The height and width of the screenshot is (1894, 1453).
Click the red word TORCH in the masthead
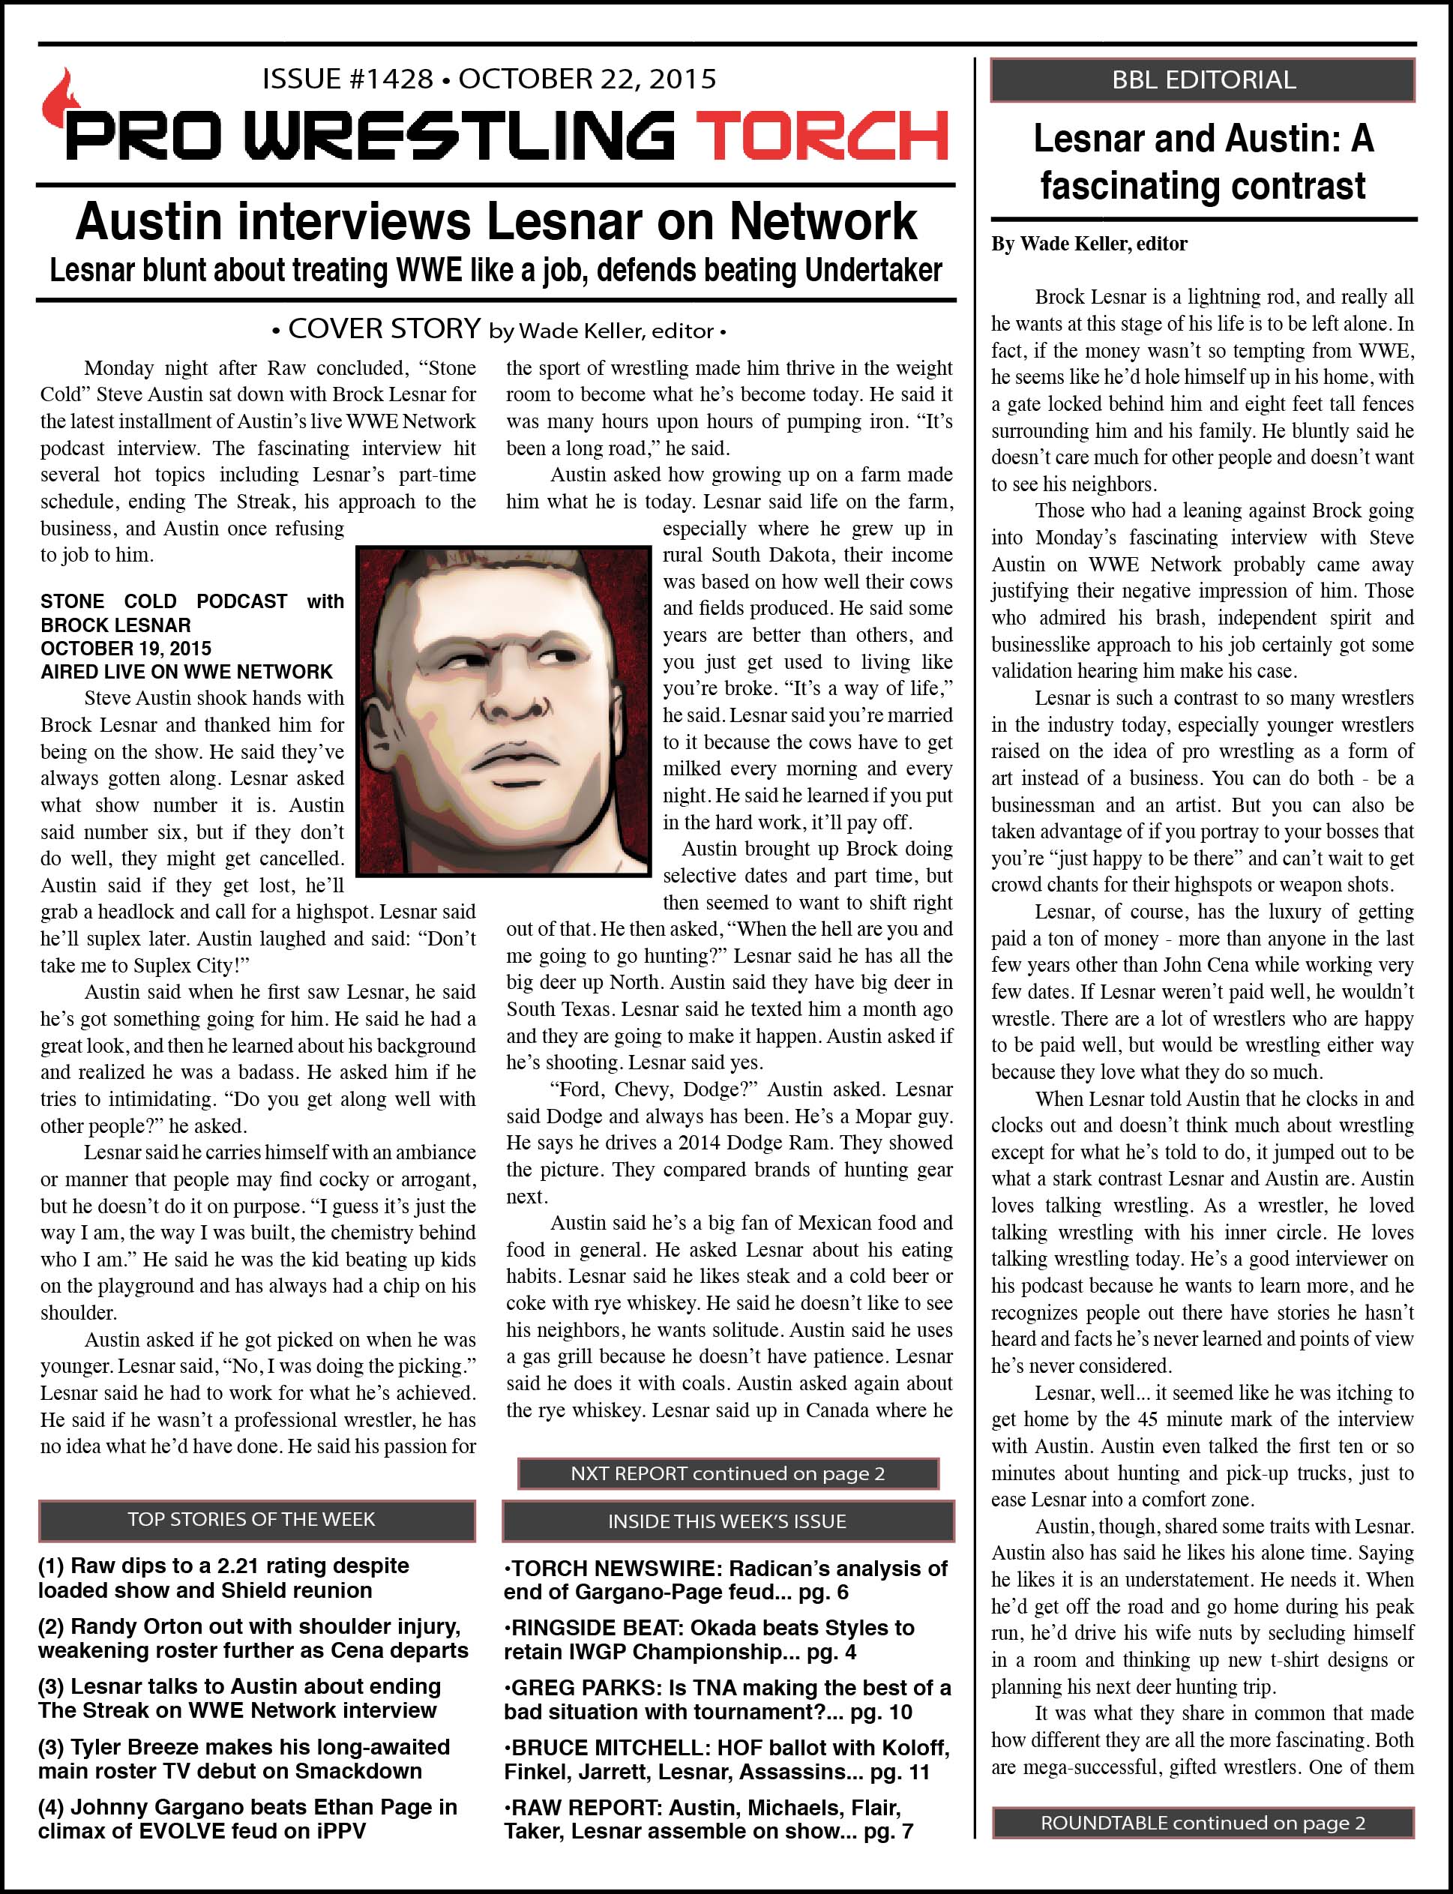point(822,136)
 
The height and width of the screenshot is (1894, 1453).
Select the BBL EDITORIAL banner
point(1202,80)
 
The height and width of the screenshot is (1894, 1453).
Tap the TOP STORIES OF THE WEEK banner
point(256,1520)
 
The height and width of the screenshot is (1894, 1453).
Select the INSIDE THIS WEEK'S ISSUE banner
point(726,1521)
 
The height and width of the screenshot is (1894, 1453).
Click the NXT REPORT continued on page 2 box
point(727,1473)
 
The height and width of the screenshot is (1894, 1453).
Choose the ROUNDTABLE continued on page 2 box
point(1202,1823)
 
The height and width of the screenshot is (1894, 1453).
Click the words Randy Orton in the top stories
point(148,1626)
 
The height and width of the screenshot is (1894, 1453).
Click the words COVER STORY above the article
point(384,328)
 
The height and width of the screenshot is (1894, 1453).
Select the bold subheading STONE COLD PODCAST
point(163,601)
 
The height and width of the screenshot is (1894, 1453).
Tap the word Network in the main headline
point(822,222)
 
